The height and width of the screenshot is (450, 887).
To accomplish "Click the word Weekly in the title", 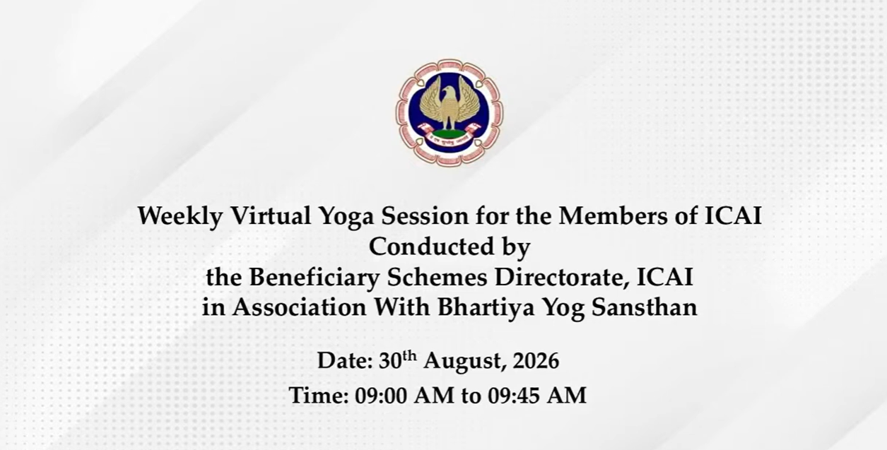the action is click(x=180, y=217).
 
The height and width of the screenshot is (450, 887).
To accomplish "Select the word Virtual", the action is click(x=271, y=215).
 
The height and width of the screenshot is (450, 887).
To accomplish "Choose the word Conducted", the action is click(x=432, y=246).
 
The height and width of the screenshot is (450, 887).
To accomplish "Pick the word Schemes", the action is click(x=437, y=277).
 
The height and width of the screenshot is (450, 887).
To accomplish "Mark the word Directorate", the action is click(x=563, y=278).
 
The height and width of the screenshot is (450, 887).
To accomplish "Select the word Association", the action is click(x=300, y=307).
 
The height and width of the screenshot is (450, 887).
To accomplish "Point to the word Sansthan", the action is click(x=645, y=307).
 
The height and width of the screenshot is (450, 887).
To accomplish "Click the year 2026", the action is click(x=536, y=360).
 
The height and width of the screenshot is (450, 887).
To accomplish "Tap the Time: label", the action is click(x=319, y=395).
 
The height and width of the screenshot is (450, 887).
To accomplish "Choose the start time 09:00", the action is click(x=380, y=395).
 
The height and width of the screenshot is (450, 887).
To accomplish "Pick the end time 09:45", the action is click(x=514, y=395).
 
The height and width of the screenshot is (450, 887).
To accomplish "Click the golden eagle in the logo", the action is click(x=450, y=102).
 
